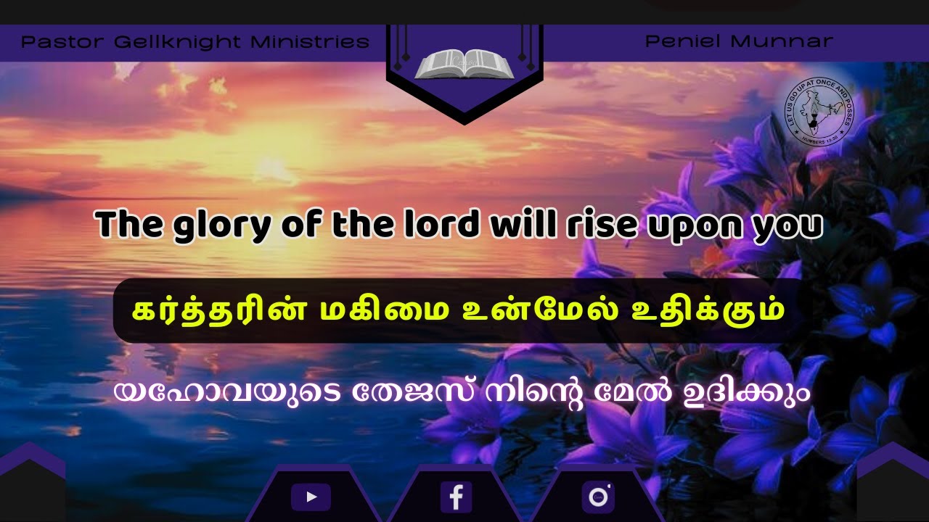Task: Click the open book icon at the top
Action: pos(464,65)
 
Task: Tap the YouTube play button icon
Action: pos(311,497)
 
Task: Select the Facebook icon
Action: pos(456,497)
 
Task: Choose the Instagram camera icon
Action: pos(598,497)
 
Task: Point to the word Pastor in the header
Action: pos(63,42)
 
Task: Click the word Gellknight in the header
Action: pos(179,42)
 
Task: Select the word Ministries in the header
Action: pos(310,42)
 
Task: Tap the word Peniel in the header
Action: pos(682,41)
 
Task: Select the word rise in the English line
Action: pos(592,225)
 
